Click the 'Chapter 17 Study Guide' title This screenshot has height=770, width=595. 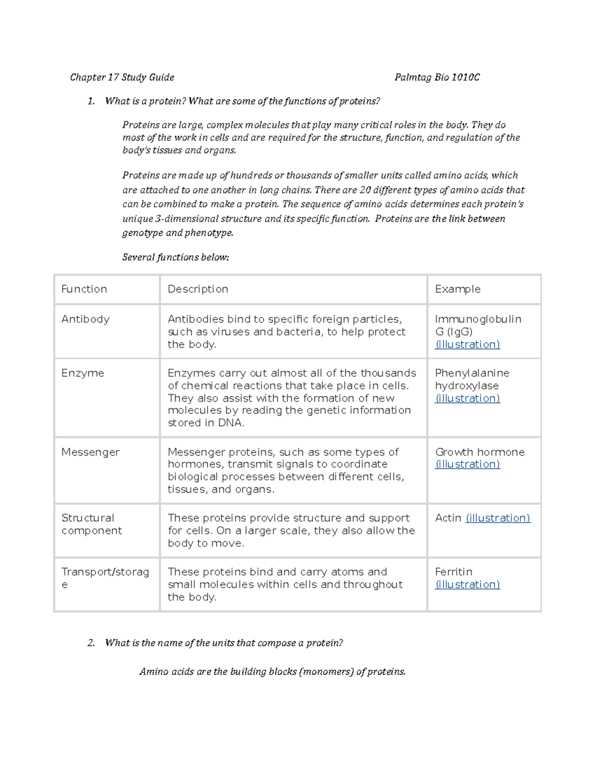pyautogui.click(x=122, y=77)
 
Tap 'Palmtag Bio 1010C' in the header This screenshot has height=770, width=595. pyautogui.click(x=437, y=77)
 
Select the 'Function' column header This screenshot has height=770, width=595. pyautogui.click(x=84, y=289)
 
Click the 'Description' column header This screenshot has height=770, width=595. pyautogui.click(x=198, y=289)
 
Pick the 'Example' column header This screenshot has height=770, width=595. pyautogui.click(x=457, y=289)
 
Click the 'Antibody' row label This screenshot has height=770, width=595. pyautogui.click(x=85, y=319)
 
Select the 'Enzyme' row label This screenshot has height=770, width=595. pyautogui.click(x=82, y=373)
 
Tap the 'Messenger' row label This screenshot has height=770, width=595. pyautogui.click(x=90, y=452)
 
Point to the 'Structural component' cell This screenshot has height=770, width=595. pyautogui.click(x=91, y=524)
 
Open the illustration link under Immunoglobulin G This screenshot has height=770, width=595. pyautogui.click(x=467, y=345)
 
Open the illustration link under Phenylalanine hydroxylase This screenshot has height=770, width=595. pyautogui.click(x=467, y=399)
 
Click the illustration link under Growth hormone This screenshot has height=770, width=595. pyautogui.click(x=467, y=465)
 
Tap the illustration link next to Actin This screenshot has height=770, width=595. pyautogui.click(x=498, y=518)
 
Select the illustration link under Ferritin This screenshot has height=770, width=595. pyautogui.click(x=467, y=585)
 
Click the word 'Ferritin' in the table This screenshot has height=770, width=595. pyautogui.click(x=453, y=572)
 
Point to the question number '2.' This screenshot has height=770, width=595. pyautogui.click(x=91, y=644)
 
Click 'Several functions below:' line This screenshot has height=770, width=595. pyautogui.click(x=176, y=257)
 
